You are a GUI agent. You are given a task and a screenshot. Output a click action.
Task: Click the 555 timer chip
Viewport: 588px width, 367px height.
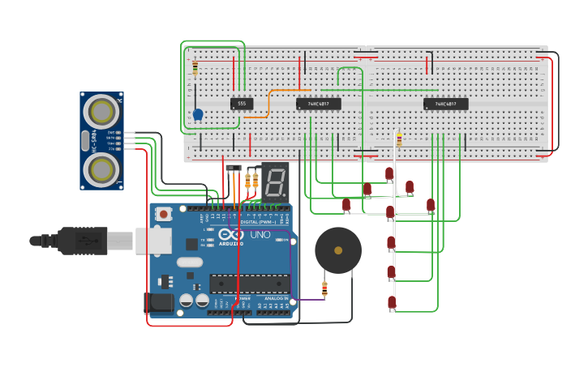click(x=242, y=104)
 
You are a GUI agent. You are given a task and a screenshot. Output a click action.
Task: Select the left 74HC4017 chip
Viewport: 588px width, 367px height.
click(x=318, y=104)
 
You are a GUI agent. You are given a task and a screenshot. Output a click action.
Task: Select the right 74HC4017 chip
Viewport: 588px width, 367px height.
click(x=445, y=104)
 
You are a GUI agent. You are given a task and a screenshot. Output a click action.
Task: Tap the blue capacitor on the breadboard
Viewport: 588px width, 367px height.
click(x=197, y=114)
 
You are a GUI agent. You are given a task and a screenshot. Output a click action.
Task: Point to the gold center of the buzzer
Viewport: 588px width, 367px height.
click(x=338, y=250)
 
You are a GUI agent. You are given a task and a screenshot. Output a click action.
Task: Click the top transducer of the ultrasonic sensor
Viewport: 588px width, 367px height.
click(x=102, y=109)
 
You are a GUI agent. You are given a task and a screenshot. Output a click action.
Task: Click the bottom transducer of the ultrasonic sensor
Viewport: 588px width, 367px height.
click(x=102, y=169)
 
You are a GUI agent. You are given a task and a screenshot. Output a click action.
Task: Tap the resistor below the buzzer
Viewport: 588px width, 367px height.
click(x=324, y=288)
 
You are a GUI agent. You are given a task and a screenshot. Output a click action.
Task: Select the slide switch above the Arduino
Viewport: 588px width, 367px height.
click(x=234, y=169)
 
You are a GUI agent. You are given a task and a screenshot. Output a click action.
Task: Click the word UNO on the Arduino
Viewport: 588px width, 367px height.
click(x=260, y=235)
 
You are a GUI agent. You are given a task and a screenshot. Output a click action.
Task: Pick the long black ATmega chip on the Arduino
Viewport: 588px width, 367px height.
click(x=249, y=284)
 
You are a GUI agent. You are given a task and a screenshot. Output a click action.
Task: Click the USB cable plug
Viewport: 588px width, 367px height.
click(x=81, y=241)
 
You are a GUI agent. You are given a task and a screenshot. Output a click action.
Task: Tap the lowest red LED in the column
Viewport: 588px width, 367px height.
click(x=392, y=303)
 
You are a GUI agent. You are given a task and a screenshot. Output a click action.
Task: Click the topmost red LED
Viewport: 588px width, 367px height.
click(x=389, y=173)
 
